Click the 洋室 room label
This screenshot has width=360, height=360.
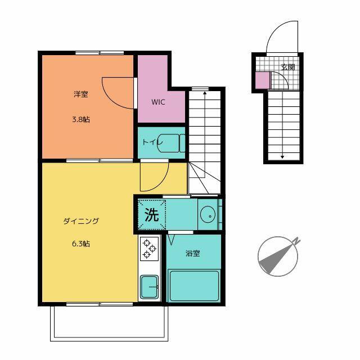(81, 94)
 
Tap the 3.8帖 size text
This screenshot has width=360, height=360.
(81, 120)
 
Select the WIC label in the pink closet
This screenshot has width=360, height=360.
(158, 102)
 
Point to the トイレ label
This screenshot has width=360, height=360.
(152, 142)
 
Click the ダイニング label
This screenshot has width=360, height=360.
(81, 221)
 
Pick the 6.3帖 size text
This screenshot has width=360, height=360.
(81, 244)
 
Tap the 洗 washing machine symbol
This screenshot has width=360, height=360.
(152, 215)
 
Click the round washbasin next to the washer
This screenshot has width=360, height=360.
(208, 215)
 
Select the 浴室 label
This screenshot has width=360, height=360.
(192, 254)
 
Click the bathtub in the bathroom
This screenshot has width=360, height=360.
(194, 286)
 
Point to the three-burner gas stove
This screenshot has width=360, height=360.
(149, 249)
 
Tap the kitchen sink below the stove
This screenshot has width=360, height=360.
(150, 287)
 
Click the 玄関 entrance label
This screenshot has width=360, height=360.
(288, 67)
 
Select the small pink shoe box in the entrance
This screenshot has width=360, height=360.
(263, 80)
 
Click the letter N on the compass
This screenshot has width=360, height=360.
(296, 241)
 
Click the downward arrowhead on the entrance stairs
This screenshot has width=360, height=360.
(282, 157)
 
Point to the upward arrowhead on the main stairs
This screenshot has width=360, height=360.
(205, 93)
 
